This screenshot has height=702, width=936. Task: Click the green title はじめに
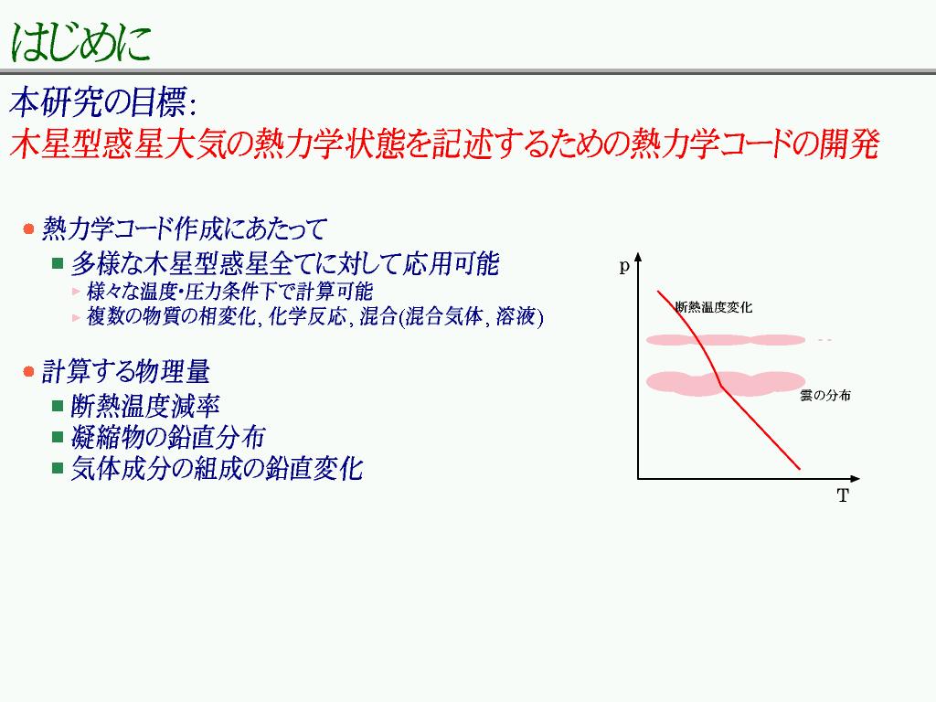coord(80,42)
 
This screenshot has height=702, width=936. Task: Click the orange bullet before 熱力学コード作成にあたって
coord(28,229)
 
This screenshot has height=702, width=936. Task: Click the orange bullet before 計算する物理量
coord(28,372)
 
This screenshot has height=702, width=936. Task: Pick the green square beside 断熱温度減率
coord(58,407)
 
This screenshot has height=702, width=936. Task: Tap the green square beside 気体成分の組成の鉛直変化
coord(58,468)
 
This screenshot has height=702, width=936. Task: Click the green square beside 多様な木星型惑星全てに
coord(58,263)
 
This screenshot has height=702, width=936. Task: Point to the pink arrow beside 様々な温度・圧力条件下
coord(76,292)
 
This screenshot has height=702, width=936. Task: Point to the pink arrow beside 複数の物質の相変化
coord(76,317)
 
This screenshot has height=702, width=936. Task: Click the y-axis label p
coord(624,266)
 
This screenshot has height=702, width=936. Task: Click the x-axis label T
coord(843,495)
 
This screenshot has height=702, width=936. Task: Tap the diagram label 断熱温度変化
coord(714,307)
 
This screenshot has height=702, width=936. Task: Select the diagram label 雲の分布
coord(825,395)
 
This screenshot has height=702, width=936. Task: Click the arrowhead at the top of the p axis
coord(638,257)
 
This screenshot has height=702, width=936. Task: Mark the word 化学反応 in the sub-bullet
coord(307,316)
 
